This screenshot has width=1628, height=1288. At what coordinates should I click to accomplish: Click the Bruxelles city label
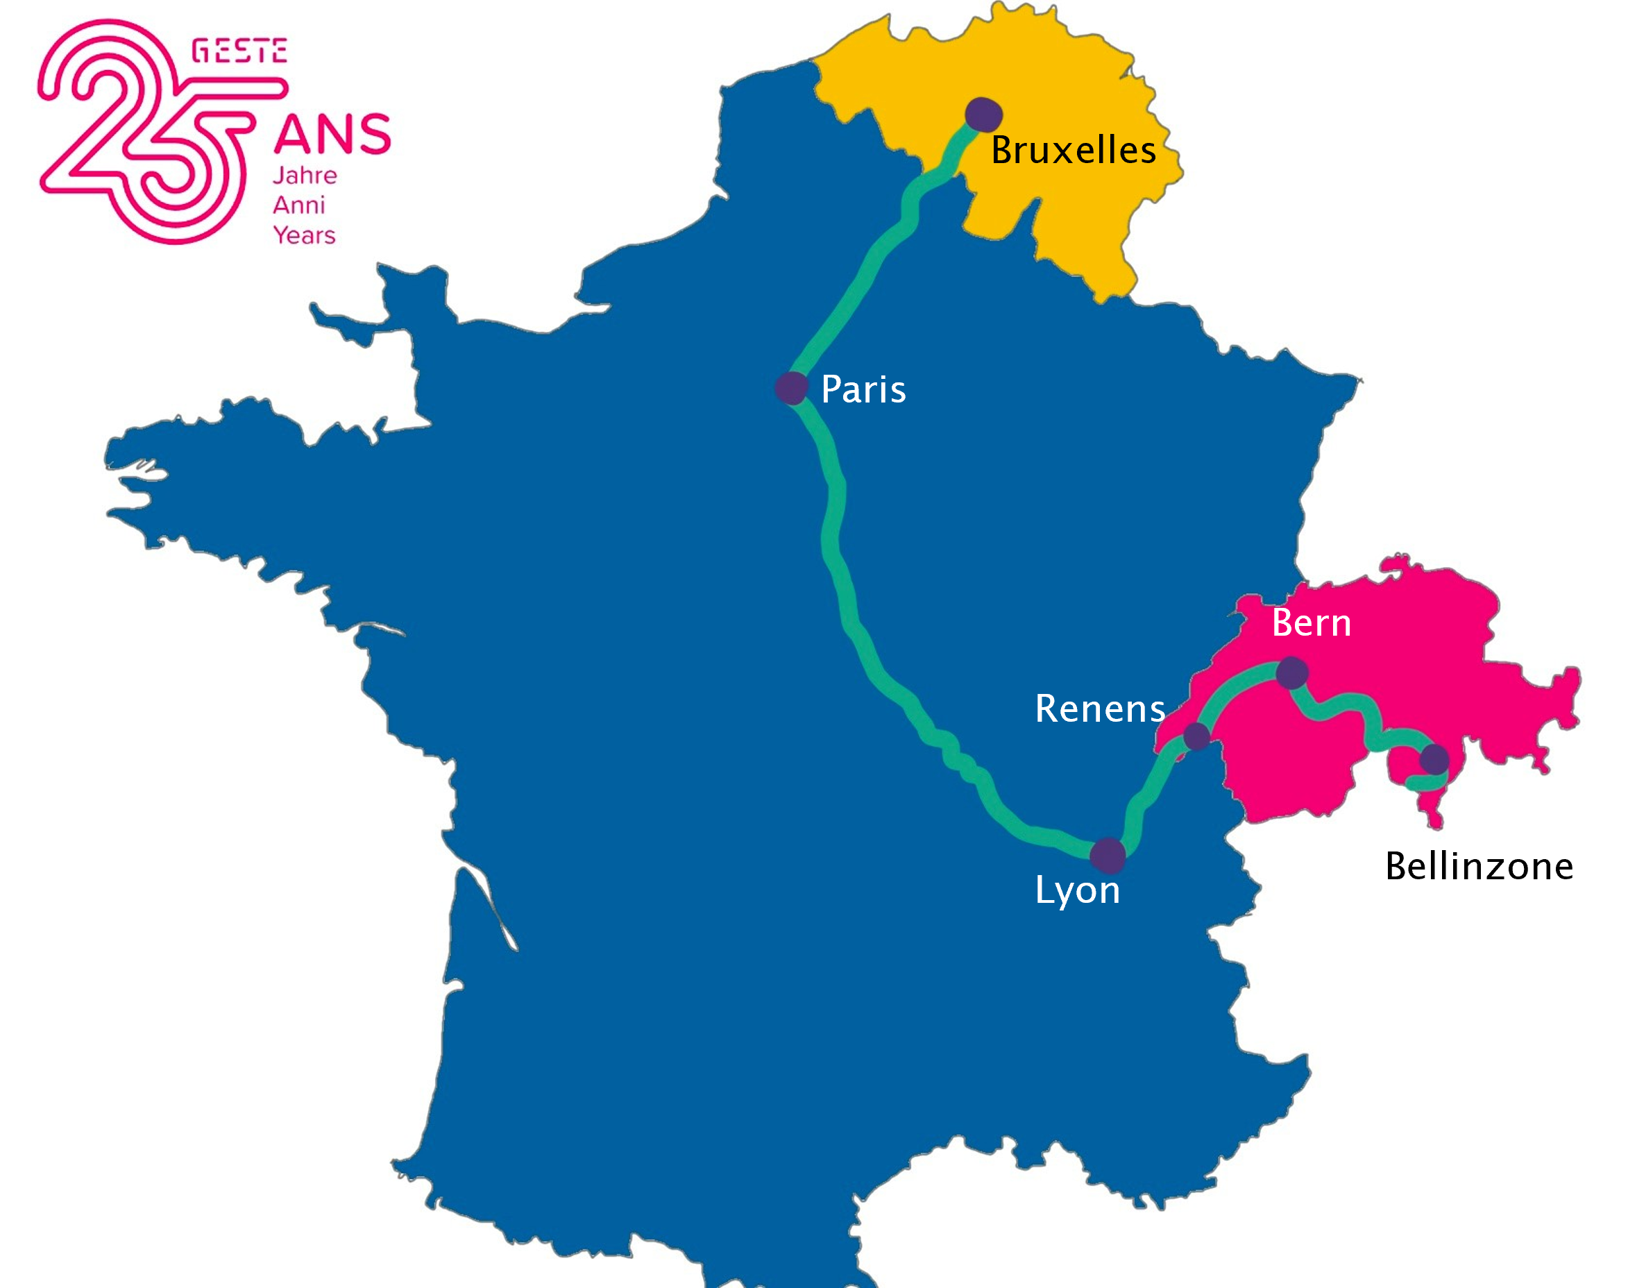[1072, 150]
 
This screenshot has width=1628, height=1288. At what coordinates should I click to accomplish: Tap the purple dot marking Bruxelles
[983, 115]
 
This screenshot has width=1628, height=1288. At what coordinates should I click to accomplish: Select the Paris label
[863, 390]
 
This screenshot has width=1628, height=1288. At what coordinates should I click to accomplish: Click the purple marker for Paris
[791, 388]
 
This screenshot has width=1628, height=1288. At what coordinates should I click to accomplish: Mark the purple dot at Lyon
[1108, 855]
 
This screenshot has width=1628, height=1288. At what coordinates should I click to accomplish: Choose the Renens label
[1099, 709]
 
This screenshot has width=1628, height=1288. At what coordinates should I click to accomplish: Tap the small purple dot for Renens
[1196, 736]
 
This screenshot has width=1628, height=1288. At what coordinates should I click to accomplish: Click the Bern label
[1312, 624]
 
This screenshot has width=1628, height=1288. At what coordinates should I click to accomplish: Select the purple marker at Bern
[1291, 672]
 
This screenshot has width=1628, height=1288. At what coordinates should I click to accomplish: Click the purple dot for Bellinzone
[1434, 759]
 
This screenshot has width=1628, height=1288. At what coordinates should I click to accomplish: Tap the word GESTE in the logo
[239, 51]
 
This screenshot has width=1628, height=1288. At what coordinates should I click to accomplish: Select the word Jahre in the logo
[305, 176]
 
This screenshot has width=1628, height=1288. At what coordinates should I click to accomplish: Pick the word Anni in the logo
[298, 205]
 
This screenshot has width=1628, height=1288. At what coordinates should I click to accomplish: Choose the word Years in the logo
[304, 235]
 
